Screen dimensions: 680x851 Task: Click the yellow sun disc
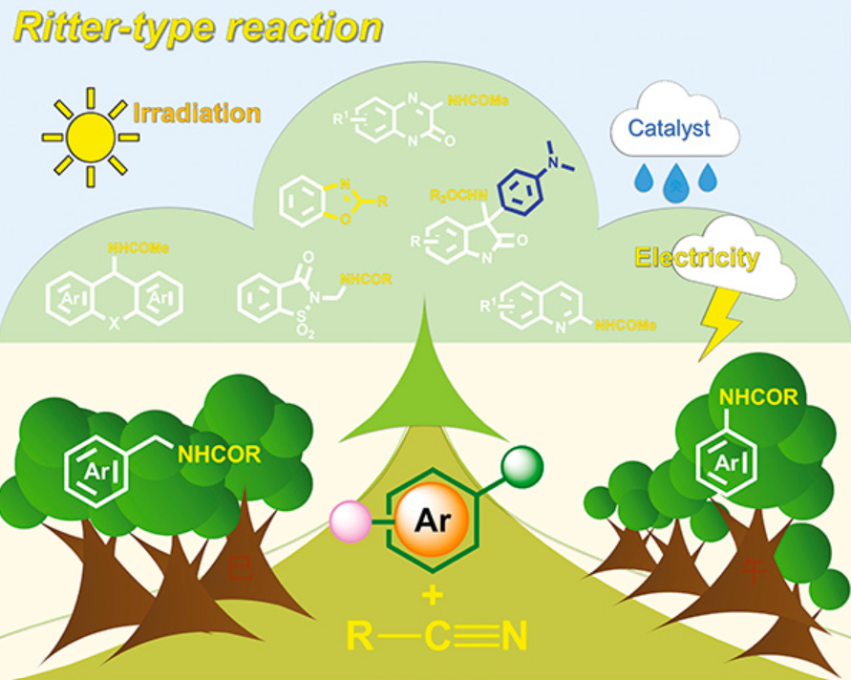[91, 137]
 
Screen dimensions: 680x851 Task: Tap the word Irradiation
[197, 113]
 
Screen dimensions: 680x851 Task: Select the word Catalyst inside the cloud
[668, 127]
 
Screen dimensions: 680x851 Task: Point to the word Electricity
[697, 257]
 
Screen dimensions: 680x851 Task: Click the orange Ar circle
[429, 521]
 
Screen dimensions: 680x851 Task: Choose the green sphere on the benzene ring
[522, 465]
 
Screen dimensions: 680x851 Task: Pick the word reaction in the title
[305, 28]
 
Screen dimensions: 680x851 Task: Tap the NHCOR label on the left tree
[218, 455]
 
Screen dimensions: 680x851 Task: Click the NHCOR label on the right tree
[758, 397]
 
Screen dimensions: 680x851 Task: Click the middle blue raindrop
[675, 181]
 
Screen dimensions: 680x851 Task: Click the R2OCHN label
[455, 196]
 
